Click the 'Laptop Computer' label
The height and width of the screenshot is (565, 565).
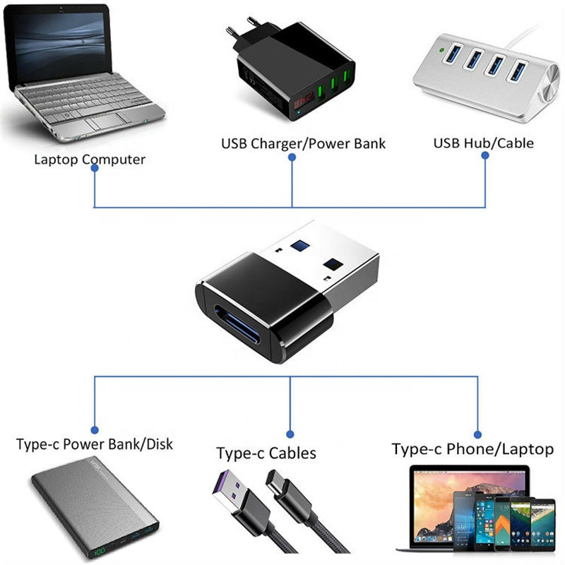[90, 159]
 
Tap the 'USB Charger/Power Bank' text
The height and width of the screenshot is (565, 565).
[304, 143]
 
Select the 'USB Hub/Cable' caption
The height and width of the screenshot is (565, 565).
[483, 143]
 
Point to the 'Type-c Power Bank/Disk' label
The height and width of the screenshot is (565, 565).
[94, 444]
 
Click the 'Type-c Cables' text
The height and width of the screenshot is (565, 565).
[266, 453]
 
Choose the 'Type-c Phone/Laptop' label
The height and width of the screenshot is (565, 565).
[472, 448]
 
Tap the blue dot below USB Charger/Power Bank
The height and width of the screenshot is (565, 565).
[292, 158]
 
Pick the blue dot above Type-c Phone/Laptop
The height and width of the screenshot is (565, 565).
[477, 433]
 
